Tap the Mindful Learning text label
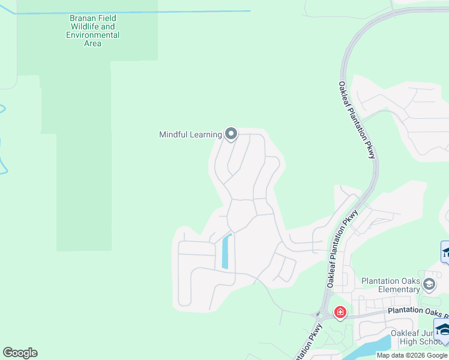(x=190, y=134)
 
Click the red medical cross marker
(x=340, y=313)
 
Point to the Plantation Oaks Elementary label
(x=391, y=285)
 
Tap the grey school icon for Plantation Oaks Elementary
(x=429, y=283)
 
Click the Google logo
(x=20, y=353)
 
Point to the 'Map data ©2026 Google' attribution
(x=411, y=355)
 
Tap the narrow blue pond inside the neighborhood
(x=226, y=251)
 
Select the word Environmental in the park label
(x=92, y=35)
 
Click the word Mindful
(x=174, y=134)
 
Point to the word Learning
(x=206, y=134)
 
